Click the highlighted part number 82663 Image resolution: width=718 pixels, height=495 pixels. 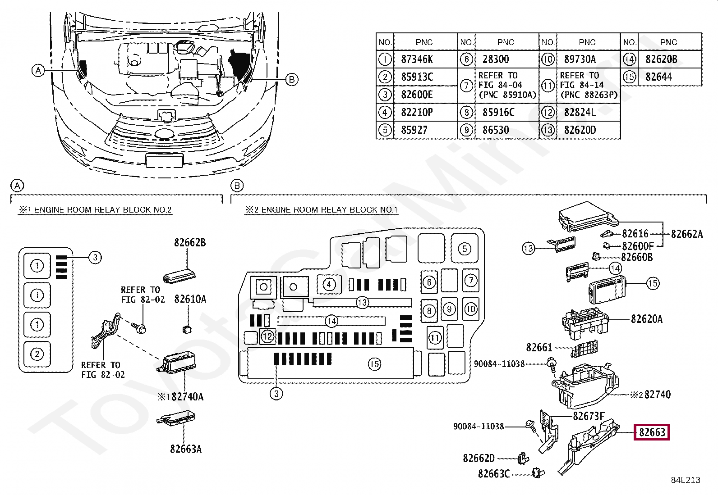tap(652, 432)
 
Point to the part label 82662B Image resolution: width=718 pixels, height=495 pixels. tap(190, 243)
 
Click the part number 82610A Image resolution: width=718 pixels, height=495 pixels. tap(190, 299)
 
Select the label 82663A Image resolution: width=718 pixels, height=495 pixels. tap(186, 449)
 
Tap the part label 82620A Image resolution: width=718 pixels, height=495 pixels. tap(647, 319)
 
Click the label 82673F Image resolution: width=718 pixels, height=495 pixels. tap(589, 416)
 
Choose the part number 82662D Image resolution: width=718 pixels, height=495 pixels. tap(479, 459)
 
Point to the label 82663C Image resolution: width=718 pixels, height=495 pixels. tap(493, 474)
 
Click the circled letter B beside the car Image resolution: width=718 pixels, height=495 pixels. tap(292, 79)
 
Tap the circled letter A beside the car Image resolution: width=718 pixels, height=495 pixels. tap(38, 70)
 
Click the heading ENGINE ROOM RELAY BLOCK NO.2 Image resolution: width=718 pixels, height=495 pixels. tap(103, 210)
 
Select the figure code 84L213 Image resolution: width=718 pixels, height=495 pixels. tap(686, 480)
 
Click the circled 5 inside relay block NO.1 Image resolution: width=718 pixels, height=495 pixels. tap(465, 249)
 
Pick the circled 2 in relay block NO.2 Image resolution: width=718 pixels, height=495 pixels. tap(37, 354)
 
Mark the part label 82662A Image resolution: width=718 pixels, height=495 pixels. tap(687, 234)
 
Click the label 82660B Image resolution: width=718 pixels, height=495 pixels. tap(637, 257)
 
